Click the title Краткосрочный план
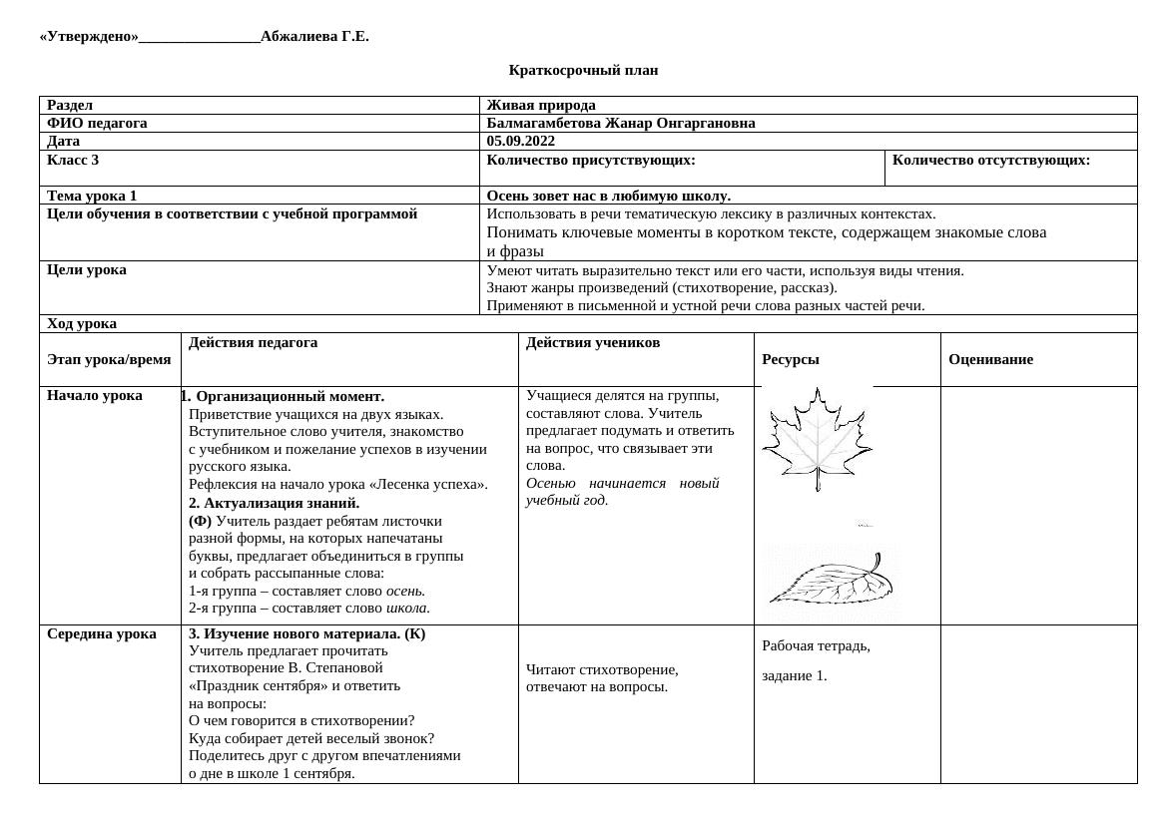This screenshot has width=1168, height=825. pyautogui.click(x=583, y=70)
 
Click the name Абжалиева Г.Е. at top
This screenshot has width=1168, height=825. pyautogui.click(x=314, y=37)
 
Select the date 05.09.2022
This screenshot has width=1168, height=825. pyautogui.click(x=520, y=141)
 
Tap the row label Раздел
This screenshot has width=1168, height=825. pyautogui.click(x=70, y=105)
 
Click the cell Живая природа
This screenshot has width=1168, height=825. pyautogui.click(x=541, y=105)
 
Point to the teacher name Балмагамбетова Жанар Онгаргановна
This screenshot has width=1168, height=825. pyautogui.click(x=620, y=123)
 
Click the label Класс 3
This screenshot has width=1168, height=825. pyautogui.click(x=73, y=160)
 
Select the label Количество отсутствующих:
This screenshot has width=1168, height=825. pyautogui.click(x=990, y=160)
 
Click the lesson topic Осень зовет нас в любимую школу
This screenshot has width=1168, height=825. pyautogui.click(x=608, y=196)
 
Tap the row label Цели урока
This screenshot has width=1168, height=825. pyautogui.click(x=87, y=269)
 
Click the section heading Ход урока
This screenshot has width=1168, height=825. pyautogui.click(x=82, y=323)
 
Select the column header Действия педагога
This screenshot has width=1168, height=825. pyautogui.click(x=253, y=342)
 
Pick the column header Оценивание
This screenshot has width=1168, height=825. pyautogui.click(x=990, y=359)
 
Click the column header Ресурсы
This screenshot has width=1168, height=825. pyautogui.click(x=790, y=359)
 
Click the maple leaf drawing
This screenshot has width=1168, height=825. pyautogui.click(x=817, y=438)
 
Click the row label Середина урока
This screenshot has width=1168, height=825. pyautogui.click(x=101, y=633)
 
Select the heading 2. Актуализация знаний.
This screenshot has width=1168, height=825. pyautogui.click(x=274, y=503)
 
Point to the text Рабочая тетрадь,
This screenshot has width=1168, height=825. pyautogui.click(x=816, y=645)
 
